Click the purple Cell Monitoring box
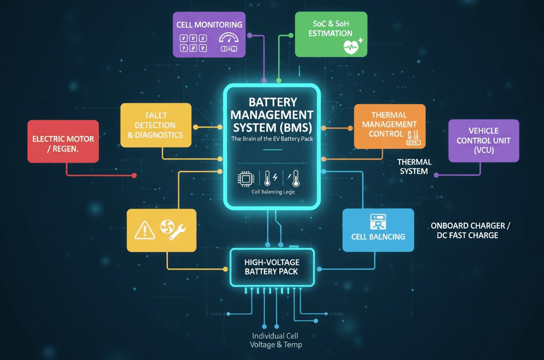209,34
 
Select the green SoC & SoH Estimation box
330,34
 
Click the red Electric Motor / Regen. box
63,141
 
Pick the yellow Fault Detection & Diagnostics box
155,125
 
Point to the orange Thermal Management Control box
389,126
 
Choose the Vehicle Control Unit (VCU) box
483,140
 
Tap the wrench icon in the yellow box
176,231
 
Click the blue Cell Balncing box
378,230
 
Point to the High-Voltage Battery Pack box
272,267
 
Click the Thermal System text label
414,166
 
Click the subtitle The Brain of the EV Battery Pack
272,139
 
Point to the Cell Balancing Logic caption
272,192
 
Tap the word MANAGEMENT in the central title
273,114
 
